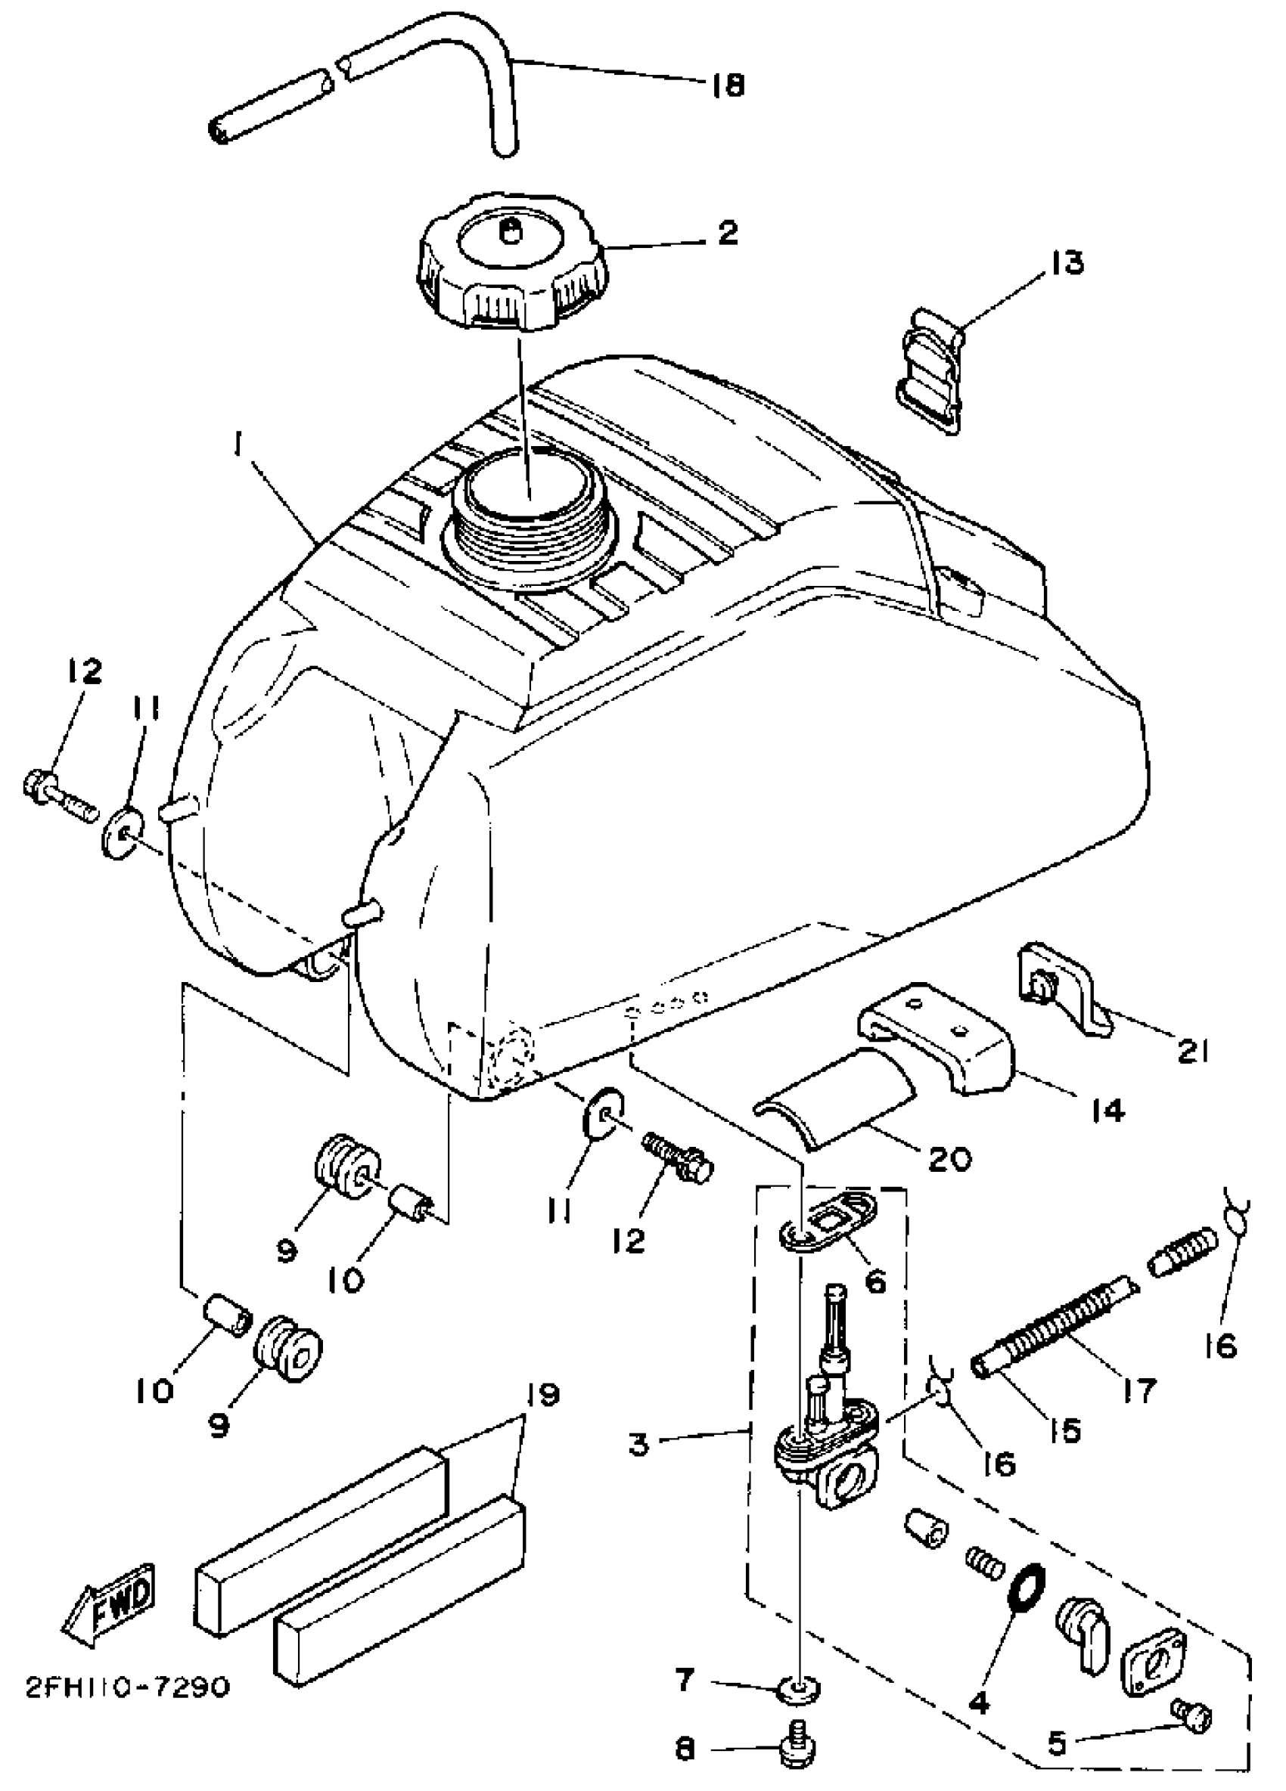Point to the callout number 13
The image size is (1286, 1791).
coord(1067,262)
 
